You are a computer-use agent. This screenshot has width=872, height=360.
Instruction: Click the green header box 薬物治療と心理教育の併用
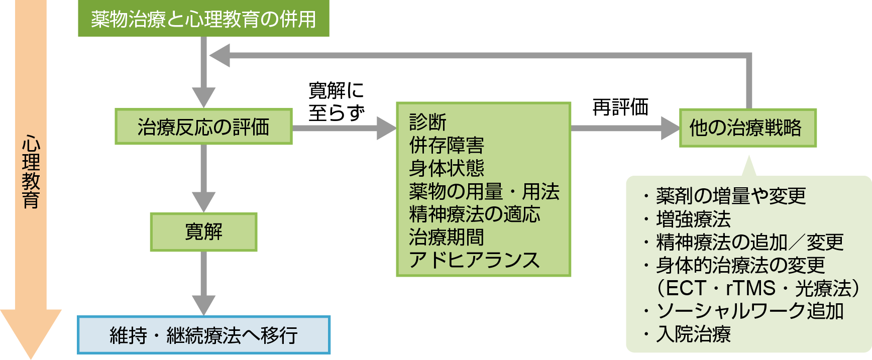coord(203,19)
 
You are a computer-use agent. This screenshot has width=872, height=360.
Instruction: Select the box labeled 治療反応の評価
coord(203,127)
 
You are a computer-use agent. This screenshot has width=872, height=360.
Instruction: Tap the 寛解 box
coord(203,232)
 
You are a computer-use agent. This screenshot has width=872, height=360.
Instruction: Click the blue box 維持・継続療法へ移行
coord(203,335)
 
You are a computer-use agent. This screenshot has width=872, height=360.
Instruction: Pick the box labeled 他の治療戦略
coord(747,128)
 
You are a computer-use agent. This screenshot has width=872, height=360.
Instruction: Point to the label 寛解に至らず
coord(336,102)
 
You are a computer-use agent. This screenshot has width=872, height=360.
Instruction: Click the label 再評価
coord(620,107)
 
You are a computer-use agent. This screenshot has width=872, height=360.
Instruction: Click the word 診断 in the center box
coord(428,122)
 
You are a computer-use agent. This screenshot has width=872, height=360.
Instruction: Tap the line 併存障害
coord(447,145)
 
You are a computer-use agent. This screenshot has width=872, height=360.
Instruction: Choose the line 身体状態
coord(447,168)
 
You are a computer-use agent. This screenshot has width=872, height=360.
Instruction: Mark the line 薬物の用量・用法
coord(484,191)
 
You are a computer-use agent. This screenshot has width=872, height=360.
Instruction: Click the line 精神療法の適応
coord(475,214)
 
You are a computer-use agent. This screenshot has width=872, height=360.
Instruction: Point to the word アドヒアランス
coord(474,261)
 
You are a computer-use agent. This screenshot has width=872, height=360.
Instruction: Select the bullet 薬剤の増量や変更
coord(731,196)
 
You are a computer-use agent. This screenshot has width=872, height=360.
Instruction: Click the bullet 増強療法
coord(693,219)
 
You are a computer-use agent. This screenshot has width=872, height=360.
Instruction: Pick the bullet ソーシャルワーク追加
coord(749,311)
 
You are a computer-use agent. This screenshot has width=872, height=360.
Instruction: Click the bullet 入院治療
coord(693,334)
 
